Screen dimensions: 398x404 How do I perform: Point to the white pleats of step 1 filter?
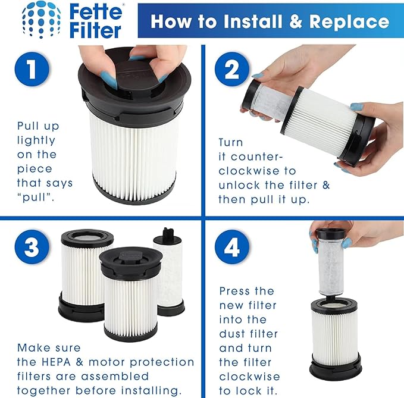pyautogui.click(x=134, y=146)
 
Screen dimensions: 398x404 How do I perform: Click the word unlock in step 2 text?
pyautogui.click(x=242, y=184)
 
